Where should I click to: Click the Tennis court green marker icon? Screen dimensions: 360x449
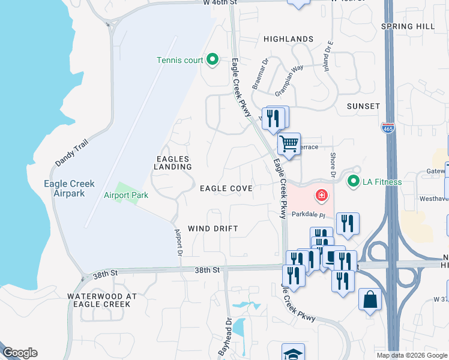click(x=212, y=59)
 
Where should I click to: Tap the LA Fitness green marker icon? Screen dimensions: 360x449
click(x=354, y=181)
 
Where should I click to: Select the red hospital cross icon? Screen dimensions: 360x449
click(x=322, y=196)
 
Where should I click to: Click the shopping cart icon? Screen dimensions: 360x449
click(x=289, y=143)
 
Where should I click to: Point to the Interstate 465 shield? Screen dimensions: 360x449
click(x=387, y=127)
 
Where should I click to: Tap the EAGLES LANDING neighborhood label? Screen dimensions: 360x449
click(x=172, y=163)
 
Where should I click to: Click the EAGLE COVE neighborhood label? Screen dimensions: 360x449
click(x=226, y=188)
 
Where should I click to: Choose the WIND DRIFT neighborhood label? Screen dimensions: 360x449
click(x=213, y=229)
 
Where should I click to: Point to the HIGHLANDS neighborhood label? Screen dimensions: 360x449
click(x=288, y=39)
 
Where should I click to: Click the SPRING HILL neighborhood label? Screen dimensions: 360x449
click(x=408, y=26)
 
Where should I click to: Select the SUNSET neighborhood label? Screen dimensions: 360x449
click(x=363, y=106)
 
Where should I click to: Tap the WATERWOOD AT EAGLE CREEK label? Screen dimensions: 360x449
click(x=99, y=300)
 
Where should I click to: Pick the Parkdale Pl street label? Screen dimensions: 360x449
click(x=308, y=214)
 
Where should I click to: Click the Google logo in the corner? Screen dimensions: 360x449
click(x=20, y=353)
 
